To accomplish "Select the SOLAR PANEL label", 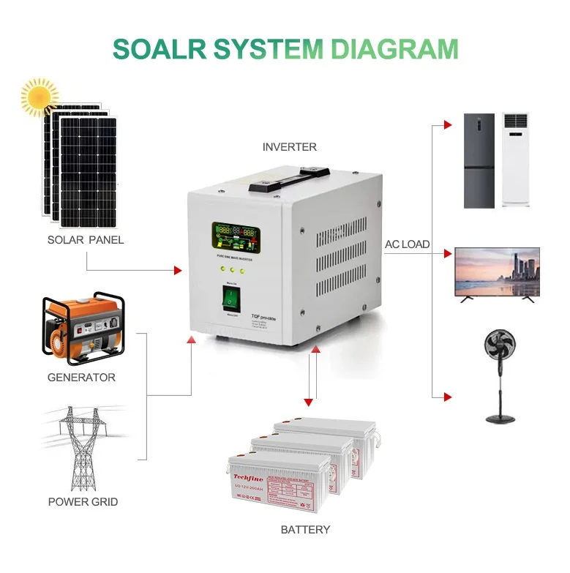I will (86, 240).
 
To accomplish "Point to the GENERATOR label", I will (81, 378).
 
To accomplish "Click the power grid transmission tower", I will (82, 449).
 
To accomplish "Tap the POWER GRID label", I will (83, 502).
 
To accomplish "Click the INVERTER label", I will (290, 147).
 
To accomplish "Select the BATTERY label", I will (305, 529).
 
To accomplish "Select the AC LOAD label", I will (408, 244).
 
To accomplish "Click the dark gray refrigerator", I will (479, 160).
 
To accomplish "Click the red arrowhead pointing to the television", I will (447, 253).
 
